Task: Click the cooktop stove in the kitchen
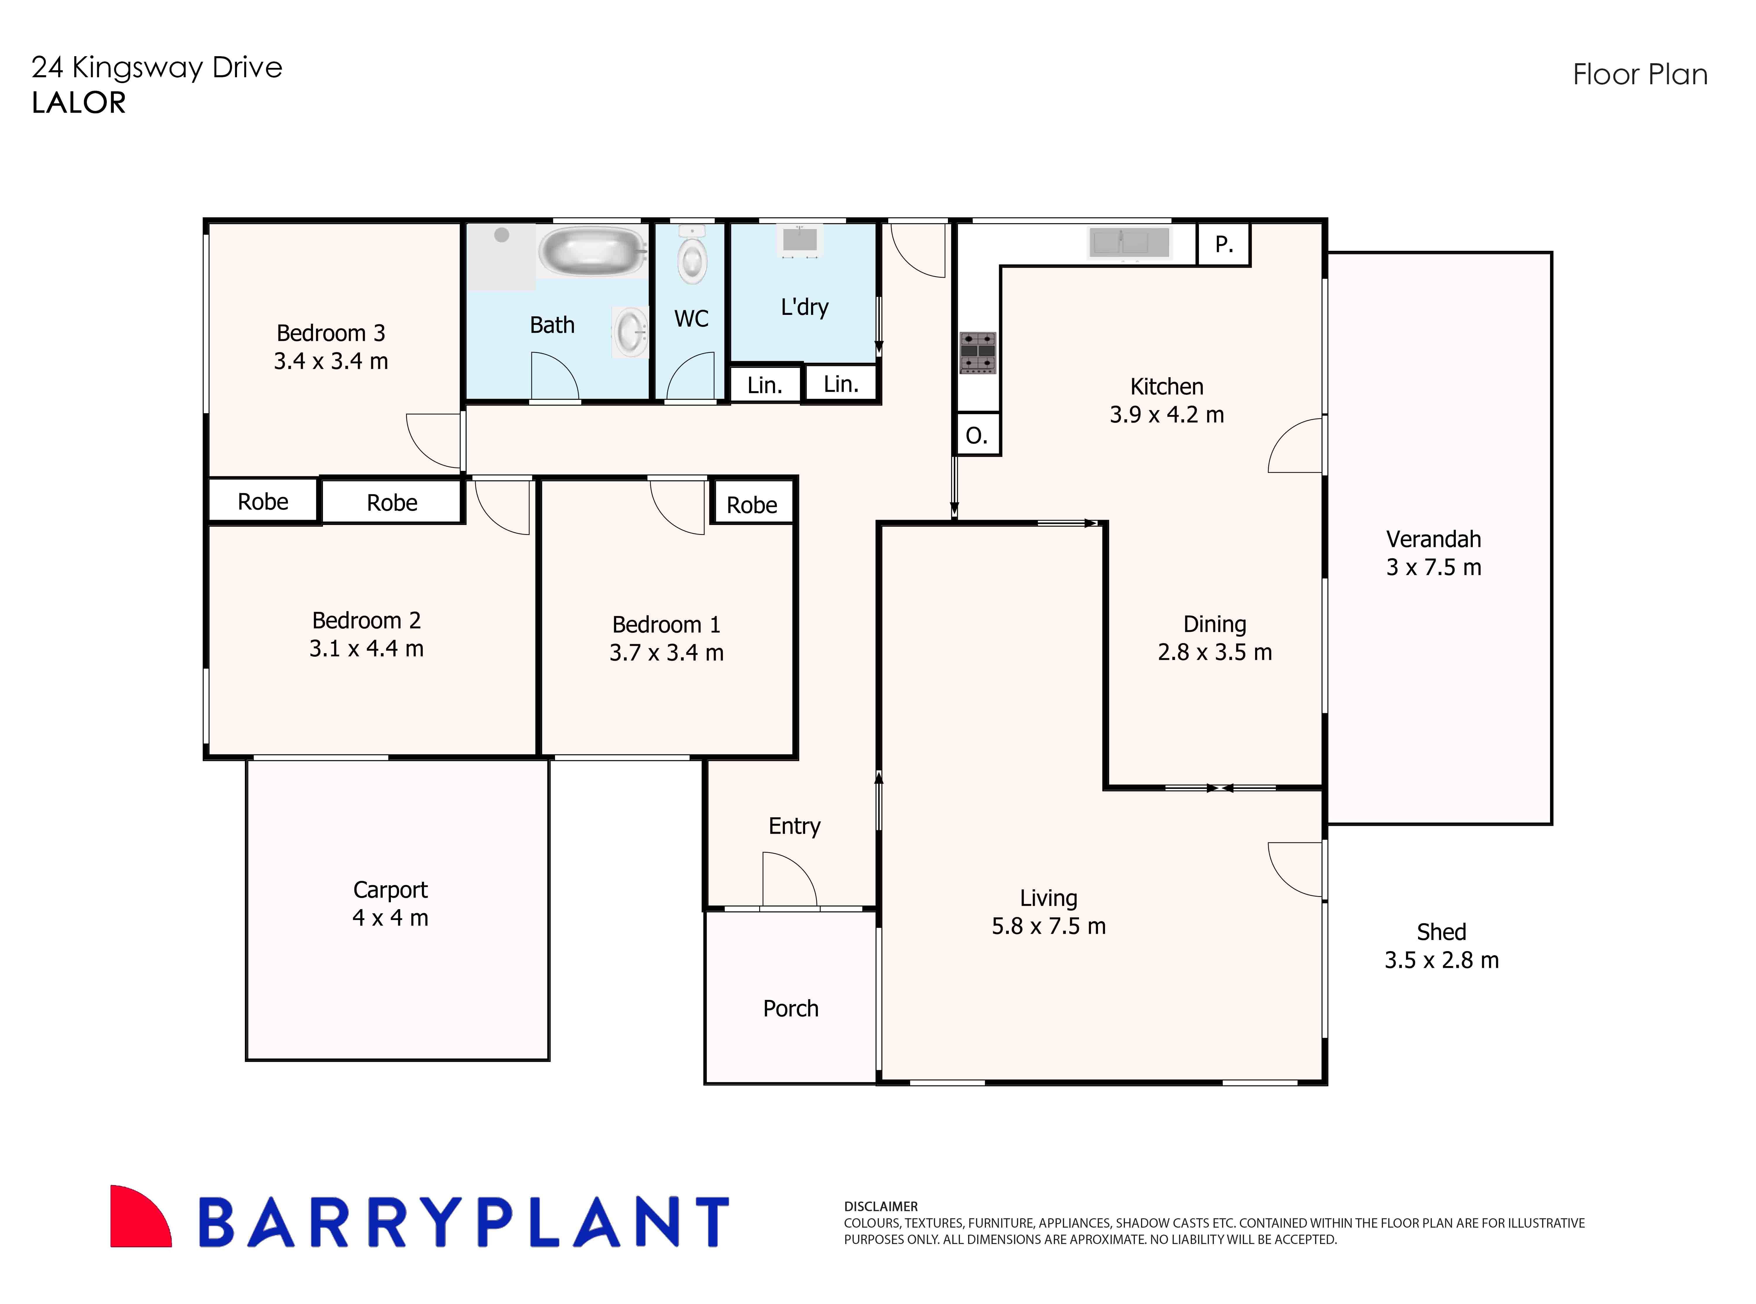977,352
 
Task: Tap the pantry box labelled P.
1223,245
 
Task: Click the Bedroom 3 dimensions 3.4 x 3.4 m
331,361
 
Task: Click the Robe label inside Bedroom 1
751,505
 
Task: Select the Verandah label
1433,539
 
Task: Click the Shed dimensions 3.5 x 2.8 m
1441,960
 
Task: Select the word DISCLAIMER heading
881,1206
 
